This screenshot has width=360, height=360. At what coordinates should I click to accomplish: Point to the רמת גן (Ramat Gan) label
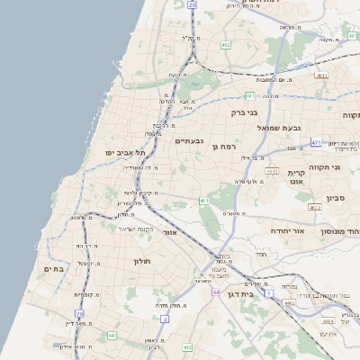(223, 147)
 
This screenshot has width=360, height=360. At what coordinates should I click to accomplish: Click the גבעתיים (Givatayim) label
(189, 141)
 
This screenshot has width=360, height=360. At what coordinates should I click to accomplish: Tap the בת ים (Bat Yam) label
(55, 268)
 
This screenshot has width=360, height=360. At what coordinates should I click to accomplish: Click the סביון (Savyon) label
(337, 197)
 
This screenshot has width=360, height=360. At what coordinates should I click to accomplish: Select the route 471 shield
(316, 142)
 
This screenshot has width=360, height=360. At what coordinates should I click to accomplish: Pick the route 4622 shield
(314, 208)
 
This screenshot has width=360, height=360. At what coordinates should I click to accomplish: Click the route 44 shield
(216, 292)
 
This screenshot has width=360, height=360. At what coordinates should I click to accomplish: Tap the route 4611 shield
(321, 76)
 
